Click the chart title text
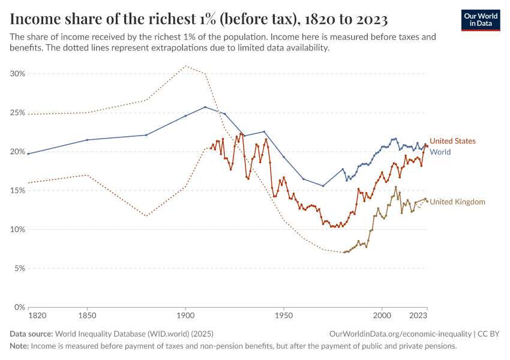click(199, 19)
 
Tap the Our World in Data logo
click(481, 20)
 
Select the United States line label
click(453, 141)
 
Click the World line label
click(440, 152)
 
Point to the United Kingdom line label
click(458, 202)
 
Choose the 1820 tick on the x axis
click(28, 314)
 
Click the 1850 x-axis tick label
click(87, 314)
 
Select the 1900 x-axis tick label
click(185, 314)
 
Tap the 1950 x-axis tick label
click(284, 314)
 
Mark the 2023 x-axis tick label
click(418, 314)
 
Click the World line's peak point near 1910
click(205, 107)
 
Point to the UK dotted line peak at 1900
click(185, 66)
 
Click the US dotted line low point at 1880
click(146, 215)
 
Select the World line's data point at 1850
click(87, 140)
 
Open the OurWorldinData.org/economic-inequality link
click(400, 334)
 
